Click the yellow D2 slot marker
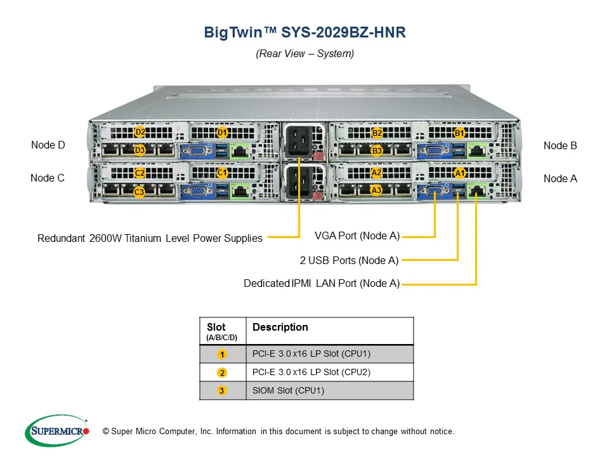140,132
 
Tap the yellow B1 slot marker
460,133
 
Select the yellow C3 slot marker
140,191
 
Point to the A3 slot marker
376,190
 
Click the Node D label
48,145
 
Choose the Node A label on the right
560,179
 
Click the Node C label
48,178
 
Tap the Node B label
560,146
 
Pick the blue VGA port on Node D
197,151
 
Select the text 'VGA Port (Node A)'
357,236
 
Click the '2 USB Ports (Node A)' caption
349,260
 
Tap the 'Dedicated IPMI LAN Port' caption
322,284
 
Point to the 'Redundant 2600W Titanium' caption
150,239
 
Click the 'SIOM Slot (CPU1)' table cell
288,390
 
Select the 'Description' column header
280,328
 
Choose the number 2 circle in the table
222,373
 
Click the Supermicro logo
57,430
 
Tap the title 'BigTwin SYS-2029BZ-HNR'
304,32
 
